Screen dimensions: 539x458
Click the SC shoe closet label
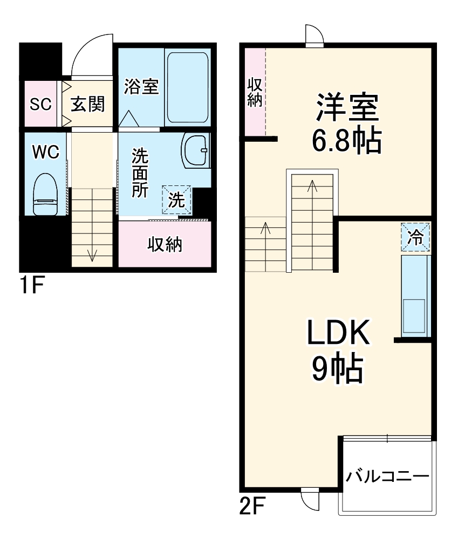click(x=40, y=104)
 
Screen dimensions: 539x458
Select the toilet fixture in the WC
click(x=45, y=195)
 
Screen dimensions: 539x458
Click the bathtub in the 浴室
click(x=187, y=88)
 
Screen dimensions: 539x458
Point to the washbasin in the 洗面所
click(x=195, y=151)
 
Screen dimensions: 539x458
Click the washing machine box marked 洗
click(x=177, y=200)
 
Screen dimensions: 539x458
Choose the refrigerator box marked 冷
click(x=415, y=238)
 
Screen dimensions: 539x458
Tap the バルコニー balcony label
click(x=387, y=476)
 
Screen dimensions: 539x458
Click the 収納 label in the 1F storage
click(x=165, y=245)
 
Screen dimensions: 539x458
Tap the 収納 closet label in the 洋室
click(x=254, y=92)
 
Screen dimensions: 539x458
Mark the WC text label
click(x=45, y=153)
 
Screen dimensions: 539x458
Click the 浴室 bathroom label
click(x=141, y=87)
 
